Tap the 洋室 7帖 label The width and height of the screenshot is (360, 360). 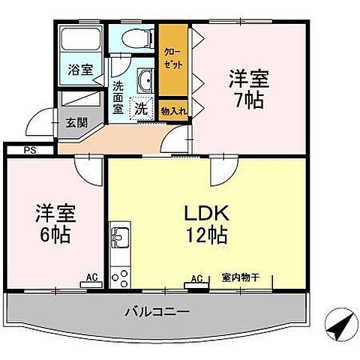point(248,88)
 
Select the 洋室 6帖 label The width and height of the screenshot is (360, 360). point(53,223)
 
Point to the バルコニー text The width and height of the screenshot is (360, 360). point(157,310)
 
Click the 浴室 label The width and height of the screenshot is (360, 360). point(81,70)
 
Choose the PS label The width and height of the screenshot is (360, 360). point(28,149)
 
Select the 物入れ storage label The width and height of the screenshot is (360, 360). point(172,110)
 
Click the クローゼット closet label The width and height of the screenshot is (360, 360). point(172,56)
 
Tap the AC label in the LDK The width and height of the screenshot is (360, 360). point(196,280)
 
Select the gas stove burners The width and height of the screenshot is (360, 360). point(119,277)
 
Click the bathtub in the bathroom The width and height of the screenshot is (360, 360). point(80,40)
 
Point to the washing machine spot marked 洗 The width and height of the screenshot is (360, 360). point(140,109)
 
